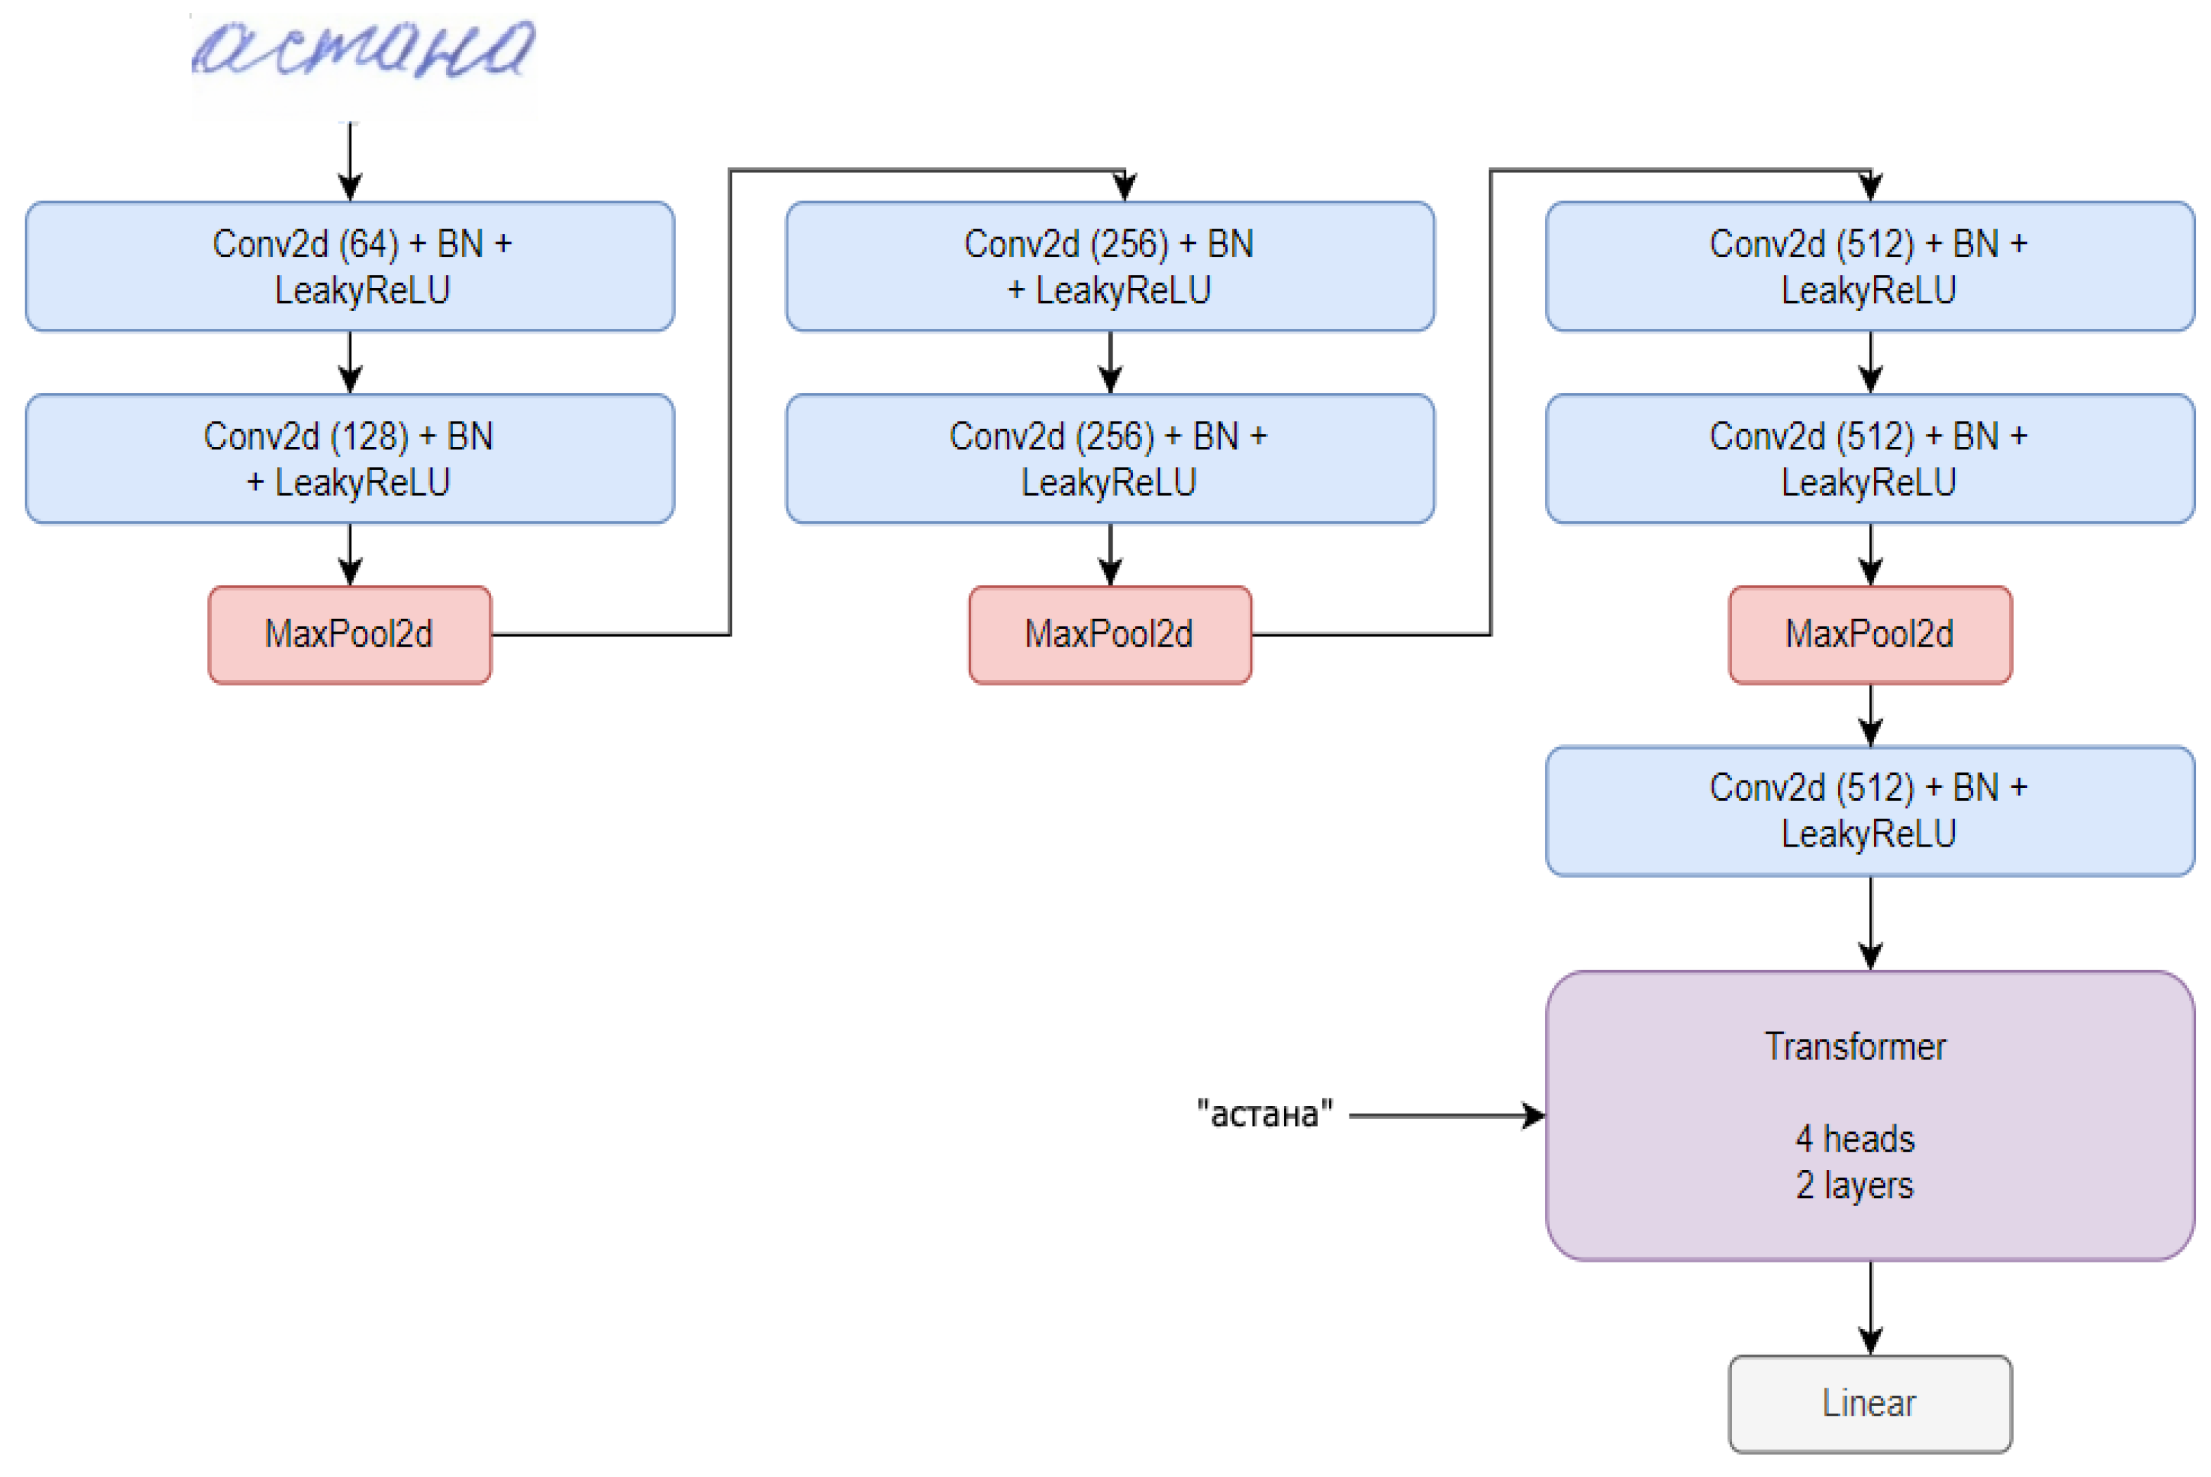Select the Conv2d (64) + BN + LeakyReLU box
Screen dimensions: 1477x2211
point(349,267)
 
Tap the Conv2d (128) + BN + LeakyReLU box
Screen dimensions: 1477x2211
point(349,458)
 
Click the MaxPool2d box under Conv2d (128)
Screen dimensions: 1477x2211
point(349,634)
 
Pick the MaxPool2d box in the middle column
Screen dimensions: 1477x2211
point(1109,634)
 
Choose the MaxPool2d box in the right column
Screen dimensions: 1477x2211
point(1869,634)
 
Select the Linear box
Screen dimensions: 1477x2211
point(1869,1403)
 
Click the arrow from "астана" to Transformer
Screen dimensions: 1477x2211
point(1446,1115)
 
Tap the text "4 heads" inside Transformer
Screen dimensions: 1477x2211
point(1854,1139)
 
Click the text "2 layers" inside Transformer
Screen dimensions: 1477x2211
point(1854,1185)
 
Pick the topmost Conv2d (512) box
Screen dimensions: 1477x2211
point(1869,267)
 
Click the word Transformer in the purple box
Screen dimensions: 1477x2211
point(1854,1047)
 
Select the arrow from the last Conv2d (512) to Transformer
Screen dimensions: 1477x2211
point(1870,923)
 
